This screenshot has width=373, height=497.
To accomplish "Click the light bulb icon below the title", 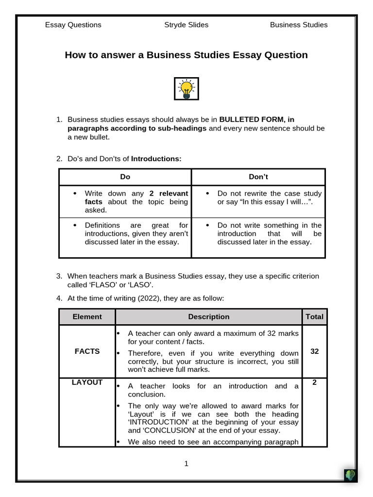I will coord(186,89).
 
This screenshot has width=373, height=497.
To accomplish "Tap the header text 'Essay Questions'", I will coord(73,25).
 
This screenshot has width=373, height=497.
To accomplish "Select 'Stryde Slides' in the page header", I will coord(186,25).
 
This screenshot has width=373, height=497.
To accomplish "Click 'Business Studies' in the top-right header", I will coord(299,25).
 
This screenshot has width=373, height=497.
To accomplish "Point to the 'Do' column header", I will coord(125,177).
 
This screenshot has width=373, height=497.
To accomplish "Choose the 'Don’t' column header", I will coord(258,177).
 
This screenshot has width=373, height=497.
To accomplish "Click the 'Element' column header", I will coord(87,316).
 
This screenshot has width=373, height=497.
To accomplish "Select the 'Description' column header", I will coord(209,316).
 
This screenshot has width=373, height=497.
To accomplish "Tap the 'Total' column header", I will coord(314,316).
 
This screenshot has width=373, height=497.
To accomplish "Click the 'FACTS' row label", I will coord(87,351).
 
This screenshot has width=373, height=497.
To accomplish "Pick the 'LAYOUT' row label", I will coord(87,382).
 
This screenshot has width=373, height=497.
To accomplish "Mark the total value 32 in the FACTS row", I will coord(314,351).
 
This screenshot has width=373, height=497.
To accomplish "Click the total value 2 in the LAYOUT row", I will coord(314,382).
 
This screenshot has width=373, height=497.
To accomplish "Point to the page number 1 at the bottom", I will coord(186,464).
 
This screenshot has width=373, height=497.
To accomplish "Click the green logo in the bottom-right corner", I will coord(350,475).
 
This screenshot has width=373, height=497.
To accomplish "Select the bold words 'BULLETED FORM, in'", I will coord(257,119).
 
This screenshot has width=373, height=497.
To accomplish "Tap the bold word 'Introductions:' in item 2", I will coord(156,159).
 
